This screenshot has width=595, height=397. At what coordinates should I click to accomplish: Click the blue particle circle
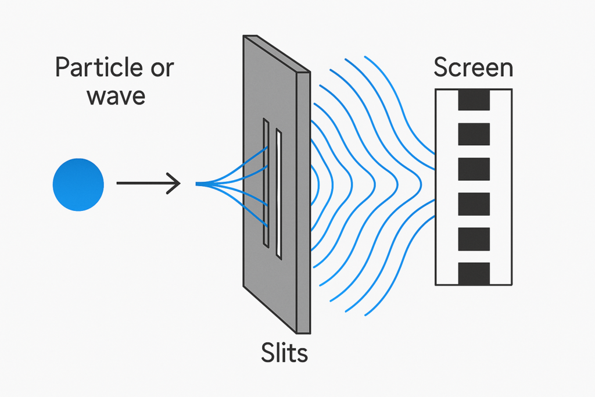click(x=78, y=184)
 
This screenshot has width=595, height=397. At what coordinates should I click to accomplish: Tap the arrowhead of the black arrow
click(x=179, y=183)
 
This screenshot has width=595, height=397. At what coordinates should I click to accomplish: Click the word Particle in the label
click(x=99, y=67)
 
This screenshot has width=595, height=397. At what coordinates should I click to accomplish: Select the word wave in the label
click(x=116, y=96)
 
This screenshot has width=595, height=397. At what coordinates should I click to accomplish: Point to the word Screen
click(x=473, y=67)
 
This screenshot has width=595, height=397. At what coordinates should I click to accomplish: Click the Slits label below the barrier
click(x=284, y=353)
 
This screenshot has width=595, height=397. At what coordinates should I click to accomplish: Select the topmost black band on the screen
click(x=474, y=100)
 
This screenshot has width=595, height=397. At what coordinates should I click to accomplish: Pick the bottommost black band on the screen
click(x=474, y=273)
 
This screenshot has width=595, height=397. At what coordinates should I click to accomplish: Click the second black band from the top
click(x=474, y=134)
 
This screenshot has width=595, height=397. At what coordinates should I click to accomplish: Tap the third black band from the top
click(x=474, y=169)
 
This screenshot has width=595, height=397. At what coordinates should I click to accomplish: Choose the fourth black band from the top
click(x=474, y=204)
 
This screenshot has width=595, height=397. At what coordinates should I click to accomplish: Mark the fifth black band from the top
click(x=474, y=239)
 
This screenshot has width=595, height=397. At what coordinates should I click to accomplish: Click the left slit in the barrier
click(x=266, y=183)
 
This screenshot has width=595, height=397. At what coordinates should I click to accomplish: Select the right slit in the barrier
click(x=279, y=194)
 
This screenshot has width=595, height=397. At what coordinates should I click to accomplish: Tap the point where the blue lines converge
click(x=197, y=184)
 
